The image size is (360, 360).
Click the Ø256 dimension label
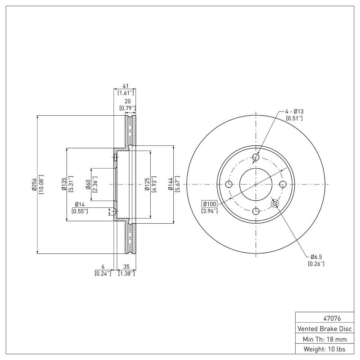(34, 184)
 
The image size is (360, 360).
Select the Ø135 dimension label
(64, 184)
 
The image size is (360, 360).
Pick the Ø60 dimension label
(88, 184)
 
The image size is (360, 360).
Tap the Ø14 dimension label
(81, 205)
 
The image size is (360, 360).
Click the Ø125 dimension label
(147, 184)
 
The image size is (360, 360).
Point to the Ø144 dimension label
(171, 184)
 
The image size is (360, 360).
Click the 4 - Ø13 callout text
(294, 111)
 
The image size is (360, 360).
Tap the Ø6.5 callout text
(315, 257)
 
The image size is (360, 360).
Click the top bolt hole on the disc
(256, 157)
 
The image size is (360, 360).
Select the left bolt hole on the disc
(229, 184)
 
